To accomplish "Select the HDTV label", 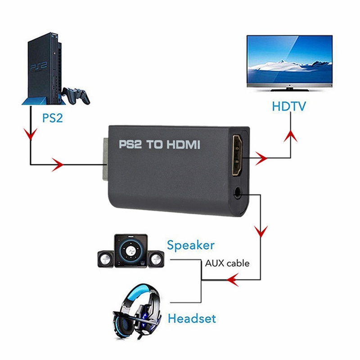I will click(x=289, y=107).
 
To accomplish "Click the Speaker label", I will click(x=190, y=245).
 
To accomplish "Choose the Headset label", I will click(x=192, y=319).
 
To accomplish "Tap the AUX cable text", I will click(x=227, y=263).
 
